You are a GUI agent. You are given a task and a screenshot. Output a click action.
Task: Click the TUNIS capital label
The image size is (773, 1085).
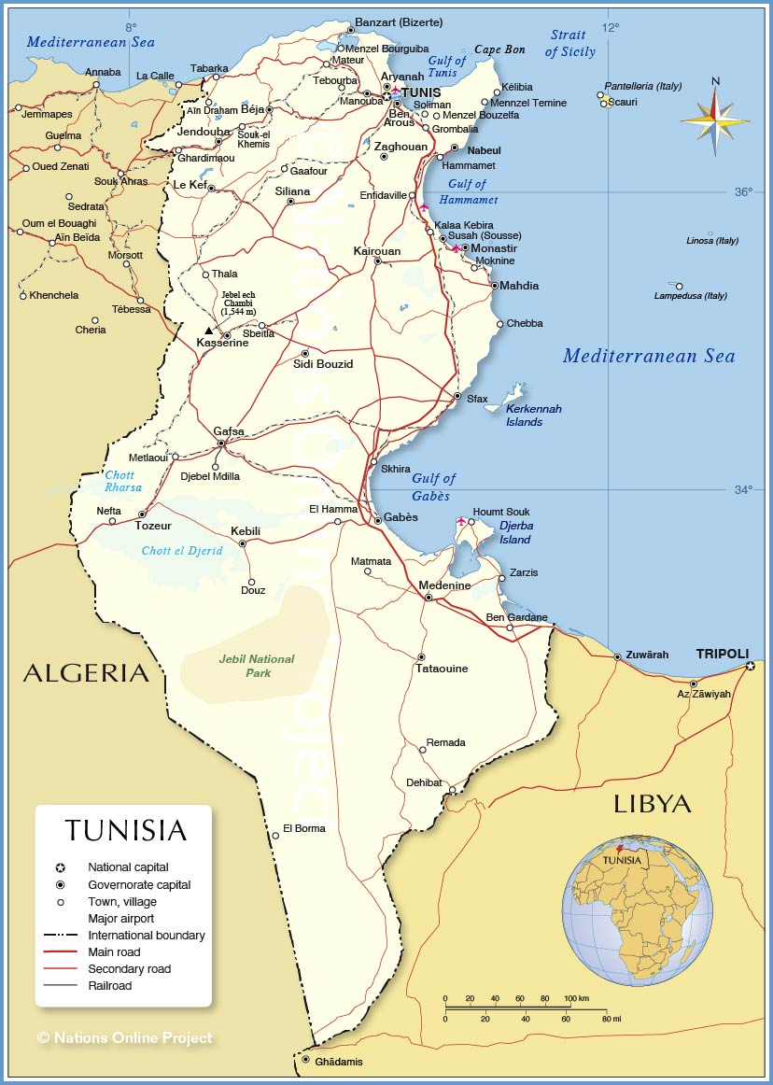(x=420, y=92)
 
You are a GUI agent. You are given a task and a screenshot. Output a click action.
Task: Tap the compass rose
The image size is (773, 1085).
(x=715, y=120)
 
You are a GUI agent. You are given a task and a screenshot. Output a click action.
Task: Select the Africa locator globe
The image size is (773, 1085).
(x=637, y=909)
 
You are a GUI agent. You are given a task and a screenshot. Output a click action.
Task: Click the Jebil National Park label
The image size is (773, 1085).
(x=256, y=665)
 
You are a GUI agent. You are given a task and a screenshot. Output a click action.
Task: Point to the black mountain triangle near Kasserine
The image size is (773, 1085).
(x=209, y=331)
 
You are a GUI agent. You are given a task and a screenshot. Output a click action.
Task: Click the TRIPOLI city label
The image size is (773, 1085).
(x=722, y=654)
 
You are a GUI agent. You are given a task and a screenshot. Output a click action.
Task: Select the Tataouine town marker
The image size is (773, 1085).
(x=421, y=657)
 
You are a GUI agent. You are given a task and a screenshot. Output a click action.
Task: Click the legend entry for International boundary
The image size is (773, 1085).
(x=146, y=935)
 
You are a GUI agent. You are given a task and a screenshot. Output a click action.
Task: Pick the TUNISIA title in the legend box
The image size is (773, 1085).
(x=125, y=830)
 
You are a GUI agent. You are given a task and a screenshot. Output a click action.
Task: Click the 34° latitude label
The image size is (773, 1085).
(x=742, y=489)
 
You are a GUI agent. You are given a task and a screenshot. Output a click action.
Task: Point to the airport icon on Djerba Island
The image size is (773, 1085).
(x=460, y=520)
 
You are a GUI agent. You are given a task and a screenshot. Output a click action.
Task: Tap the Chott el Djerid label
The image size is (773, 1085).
(x=182, y=551)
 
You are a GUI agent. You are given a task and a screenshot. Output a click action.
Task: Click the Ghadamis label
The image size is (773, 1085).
(x=339, y=1062)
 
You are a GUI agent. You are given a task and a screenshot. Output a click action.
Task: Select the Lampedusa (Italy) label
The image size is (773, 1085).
(x=690, y=296)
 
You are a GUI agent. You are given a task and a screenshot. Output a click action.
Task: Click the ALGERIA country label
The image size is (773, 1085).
(x=86, y=672)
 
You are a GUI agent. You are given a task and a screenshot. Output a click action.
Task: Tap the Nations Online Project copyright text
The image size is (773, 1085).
(x=125, y=1037)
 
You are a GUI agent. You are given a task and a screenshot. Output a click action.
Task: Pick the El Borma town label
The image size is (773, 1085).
(x=304, y=828)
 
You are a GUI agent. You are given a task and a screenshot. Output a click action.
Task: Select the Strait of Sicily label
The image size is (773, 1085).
(x=569, y=44)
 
